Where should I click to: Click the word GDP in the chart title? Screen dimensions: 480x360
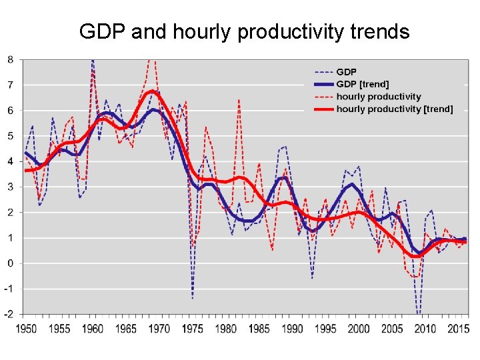(102, 31)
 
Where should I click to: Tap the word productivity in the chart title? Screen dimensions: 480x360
(290, 32)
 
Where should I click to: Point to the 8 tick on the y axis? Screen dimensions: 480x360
(11, 59)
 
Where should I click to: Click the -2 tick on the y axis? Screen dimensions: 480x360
(9, 315)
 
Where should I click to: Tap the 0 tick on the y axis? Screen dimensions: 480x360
(11, 263)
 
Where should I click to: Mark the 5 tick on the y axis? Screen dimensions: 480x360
(11, 136)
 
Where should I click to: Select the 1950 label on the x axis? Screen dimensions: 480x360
(26, 329)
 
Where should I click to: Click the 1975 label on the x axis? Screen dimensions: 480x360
(193, 329)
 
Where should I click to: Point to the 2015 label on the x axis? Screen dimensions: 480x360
(458, 329)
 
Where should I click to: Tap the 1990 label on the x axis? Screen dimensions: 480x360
(293, 329)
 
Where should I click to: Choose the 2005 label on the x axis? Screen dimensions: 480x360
(392, 329)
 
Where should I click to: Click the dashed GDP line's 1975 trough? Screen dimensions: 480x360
(193, 299)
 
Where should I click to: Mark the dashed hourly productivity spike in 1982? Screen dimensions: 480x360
(239, 99)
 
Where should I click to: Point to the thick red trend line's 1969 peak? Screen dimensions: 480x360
(153, 91)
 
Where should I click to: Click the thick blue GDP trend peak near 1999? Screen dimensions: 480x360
(352, 184)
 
